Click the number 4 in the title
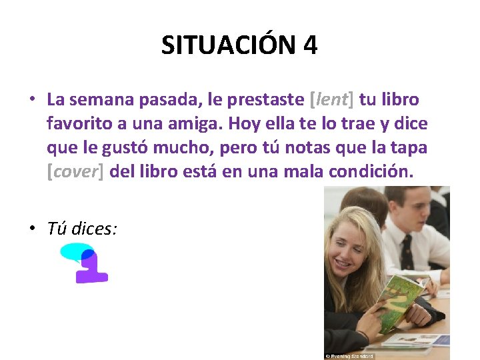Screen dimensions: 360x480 click(309, 46)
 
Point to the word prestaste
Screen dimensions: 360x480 click(266, 100)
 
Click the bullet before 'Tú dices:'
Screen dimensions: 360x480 click(31, 229)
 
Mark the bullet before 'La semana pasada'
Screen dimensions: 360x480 click(31, 100)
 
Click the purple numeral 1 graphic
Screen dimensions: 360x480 click(92, 268)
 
